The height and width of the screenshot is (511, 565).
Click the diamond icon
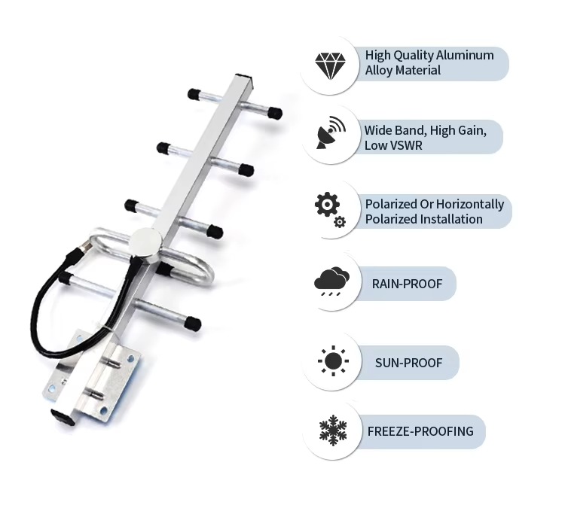click(330, 65)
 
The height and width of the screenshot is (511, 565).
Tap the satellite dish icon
click(331, 132)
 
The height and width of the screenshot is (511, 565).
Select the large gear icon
click(327, 205)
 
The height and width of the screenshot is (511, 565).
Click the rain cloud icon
click(331, 281)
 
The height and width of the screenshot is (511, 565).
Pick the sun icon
click(333, 360)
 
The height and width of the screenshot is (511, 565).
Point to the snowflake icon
click(333, 430)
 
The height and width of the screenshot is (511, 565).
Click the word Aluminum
click(465, 55)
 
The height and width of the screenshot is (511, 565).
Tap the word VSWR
click(405, 145)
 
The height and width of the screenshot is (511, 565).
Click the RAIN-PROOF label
click(407, 284)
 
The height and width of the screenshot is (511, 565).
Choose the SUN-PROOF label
click(408, 363)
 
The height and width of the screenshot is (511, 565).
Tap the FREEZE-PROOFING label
click(420, 430)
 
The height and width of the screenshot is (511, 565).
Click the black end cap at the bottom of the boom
click(63, 417)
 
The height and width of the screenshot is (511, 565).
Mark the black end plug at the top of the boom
click(244, 79)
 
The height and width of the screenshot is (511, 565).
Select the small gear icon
click(340, 222)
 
